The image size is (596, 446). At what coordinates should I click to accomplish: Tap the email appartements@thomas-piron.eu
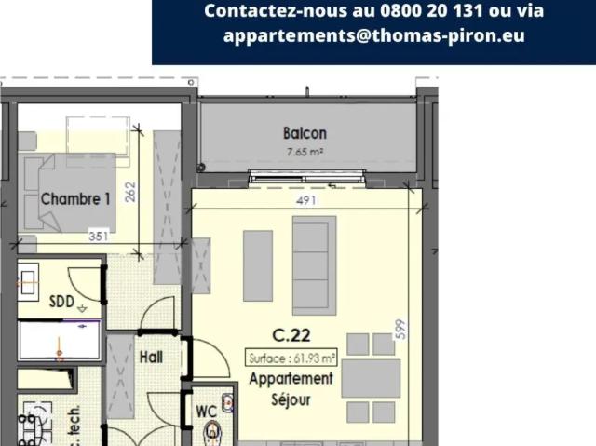(x=373, y=35)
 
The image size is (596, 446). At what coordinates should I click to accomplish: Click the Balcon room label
(x=305, y=133)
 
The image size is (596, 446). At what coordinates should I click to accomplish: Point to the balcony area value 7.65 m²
(x=305, y=151)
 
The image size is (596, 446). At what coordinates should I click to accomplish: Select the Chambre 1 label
(x=75, y=198)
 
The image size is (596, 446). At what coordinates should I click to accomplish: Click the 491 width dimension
(x=307, y=200)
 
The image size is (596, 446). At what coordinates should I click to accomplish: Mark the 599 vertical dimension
(x=401, y=330)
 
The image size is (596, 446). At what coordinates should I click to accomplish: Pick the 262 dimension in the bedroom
(x=130, y=191)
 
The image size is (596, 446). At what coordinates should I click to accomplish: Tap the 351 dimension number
(x=99, y=237)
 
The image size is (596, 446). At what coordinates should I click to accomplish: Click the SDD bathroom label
(x=61, y=301)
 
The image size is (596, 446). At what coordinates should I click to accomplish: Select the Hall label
(x=151, y=357)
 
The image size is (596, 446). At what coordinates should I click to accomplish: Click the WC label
(x=206, y=410)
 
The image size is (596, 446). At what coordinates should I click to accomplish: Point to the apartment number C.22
(x=291, y=335)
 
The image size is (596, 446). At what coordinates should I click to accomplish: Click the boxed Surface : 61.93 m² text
(x=291, y=358)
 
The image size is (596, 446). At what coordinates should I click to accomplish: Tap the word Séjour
(x=291, y=400)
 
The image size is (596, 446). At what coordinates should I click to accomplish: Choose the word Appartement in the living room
(x=291, y=379)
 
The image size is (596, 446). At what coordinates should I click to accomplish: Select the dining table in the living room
(x=370, y=378)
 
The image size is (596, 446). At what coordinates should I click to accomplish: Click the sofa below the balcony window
(x=314, y=264)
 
